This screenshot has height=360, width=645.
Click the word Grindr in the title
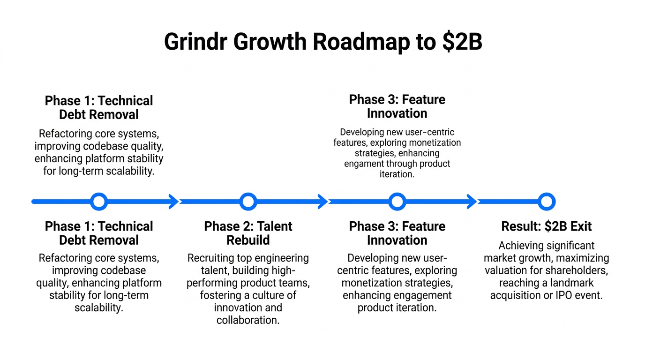click(195, 42)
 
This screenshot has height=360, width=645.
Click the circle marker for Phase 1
click(99, 202)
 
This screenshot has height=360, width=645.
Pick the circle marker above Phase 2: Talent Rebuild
click(248, 202)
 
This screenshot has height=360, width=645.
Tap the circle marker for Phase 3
click(397, 202)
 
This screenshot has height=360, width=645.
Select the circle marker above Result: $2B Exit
click(547, 202)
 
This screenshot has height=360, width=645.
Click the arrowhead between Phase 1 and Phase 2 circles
click(173, 202)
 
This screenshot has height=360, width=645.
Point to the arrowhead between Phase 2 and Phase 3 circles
click(322, 202)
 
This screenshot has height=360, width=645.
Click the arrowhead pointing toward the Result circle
click(471, 202)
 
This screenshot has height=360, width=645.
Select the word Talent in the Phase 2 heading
click(275, 226)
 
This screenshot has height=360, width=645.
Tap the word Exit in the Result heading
click(581, 226)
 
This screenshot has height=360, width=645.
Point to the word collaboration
click(248, 320)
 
